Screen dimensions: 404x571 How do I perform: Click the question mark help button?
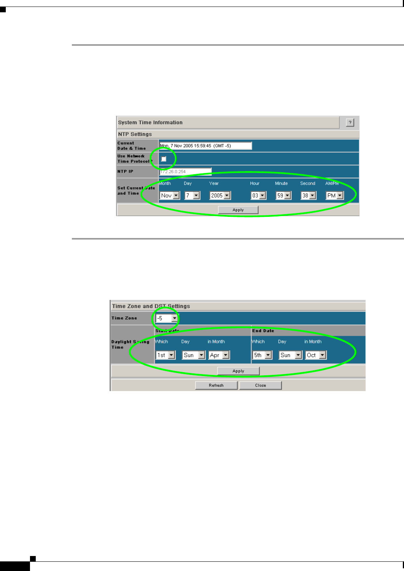pos(350,122)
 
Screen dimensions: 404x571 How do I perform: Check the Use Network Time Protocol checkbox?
pos(164,159)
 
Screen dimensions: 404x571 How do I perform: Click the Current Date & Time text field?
pos(206,146)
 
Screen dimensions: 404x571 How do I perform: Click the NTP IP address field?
pos(185,171)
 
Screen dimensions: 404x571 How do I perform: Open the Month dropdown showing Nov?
pos(170,195)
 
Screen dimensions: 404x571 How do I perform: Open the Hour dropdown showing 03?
pos(259,195)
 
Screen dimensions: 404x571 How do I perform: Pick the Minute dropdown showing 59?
pos(284,195)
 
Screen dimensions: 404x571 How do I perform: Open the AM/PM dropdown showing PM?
pos(334,195)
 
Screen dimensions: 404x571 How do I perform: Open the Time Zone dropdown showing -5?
pos(167,318)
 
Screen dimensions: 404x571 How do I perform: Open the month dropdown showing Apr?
pos(219,355)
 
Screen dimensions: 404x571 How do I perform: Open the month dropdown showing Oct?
pos(316,355)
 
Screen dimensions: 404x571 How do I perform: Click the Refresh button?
pos(216,385)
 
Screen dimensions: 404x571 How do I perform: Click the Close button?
pos(260,385)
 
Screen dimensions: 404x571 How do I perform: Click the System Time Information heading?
pos(150,122)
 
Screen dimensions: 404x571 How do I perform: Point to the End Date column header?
pos(263,331)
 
